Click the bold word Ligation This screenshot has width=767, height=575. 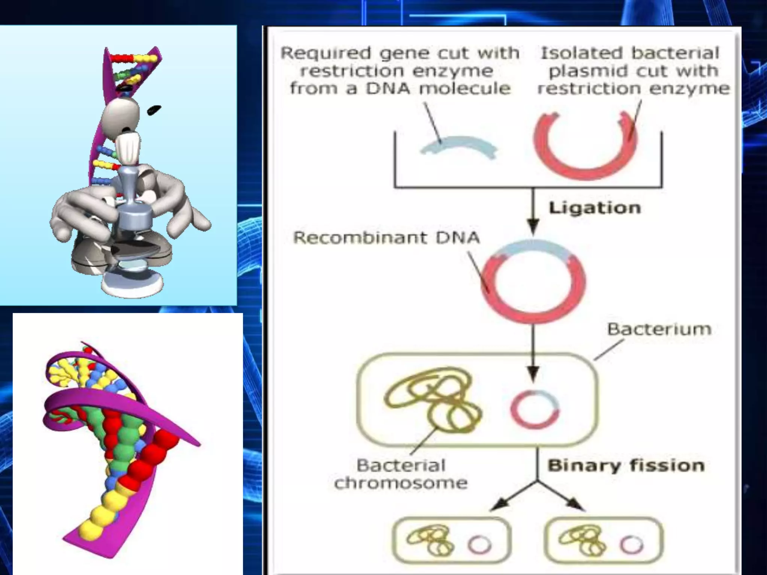595,208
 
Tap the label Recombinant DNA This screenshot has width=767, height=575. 386,238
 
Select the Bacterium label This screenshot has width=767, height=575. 659,329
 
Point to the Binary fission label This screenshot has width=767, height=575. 626,466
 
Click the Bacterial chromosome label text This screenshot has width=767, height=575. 401,474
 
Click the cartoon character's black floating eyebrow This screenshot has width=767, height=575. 154,110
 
